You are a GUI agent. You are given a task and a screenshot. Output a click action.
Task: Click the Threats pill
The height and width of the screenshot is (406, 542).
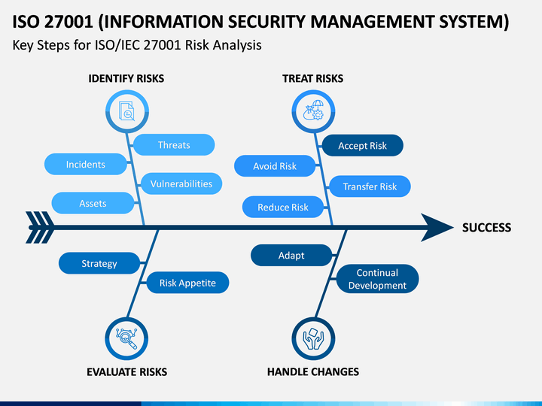tap(174, 144)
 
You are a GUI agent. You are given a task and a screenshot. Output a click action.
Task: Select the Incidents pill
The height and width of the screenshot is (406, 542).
tap(86, 164)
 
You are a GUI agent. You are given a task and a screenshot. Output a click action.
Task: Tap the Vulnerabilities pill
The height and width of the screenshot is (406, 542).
tap(181, 183)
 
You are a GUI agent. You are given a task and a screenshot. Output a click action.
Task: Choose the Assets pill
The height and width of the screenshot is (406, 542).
tap(93, 203)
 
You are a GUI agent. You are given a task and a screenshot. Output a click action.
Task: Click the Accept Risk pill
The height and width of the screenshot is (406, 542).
tap(363, 145)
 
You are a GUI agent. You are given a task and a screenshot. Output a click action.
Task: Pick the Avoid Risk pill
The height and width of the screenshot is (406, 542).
tap(275, 165)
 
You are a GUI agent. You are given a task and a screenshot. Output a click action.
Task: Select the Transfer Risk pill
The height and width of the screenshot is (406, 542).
tap(370, 186)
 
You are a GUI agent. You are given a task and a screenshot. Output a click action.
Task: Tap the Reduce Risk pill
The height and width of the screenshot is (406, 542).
tap(283, 207)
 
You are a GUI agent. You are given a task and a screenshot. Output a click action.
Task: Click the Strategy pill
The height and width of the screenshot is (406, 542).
tap(99, 263)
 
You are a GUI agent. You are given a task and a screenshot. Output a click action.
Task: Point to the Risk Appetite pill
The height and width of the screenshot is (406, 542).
tap(187, 283)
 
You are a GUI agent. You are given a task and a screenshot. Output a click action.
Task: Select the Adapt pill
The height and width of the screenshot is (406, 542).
tap(291, 255)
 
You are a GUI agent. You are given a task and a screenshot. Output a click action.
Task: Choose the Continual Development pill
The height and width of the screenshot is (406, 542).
tap(377, 279)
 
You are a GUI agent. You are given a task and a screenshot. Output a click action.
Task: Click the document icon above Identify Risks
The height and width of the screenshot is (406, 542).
tap(127, 111)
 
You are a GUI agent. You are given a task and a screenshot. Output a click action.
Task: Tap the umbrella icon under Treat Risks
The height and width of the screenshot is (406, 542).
tap(313, 111)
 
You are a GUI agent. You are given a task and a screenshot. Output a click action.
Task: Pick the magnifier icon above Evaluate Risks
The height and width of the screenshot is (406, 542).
tap(126, 338)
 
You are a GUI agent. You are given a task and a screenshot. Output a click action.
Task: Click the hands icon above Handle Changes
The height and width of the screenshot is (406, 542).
tap(313, 338)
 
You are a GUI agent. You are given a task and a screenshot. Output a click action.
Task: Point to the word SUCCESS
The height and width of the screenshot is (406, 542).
tap(486, 228)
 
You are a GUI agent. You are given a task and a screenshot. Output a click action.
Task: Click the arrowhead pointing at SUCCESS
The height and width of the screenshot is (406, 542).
tap(436, 227)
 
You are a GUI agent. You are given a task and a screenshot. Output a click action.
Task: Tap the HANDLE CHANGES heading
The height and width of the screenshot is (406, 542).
tap(313, 371)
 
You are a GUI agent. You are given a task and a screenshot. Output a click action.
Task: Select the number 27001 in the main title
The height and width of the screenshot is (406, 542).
tap(69, 22)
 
